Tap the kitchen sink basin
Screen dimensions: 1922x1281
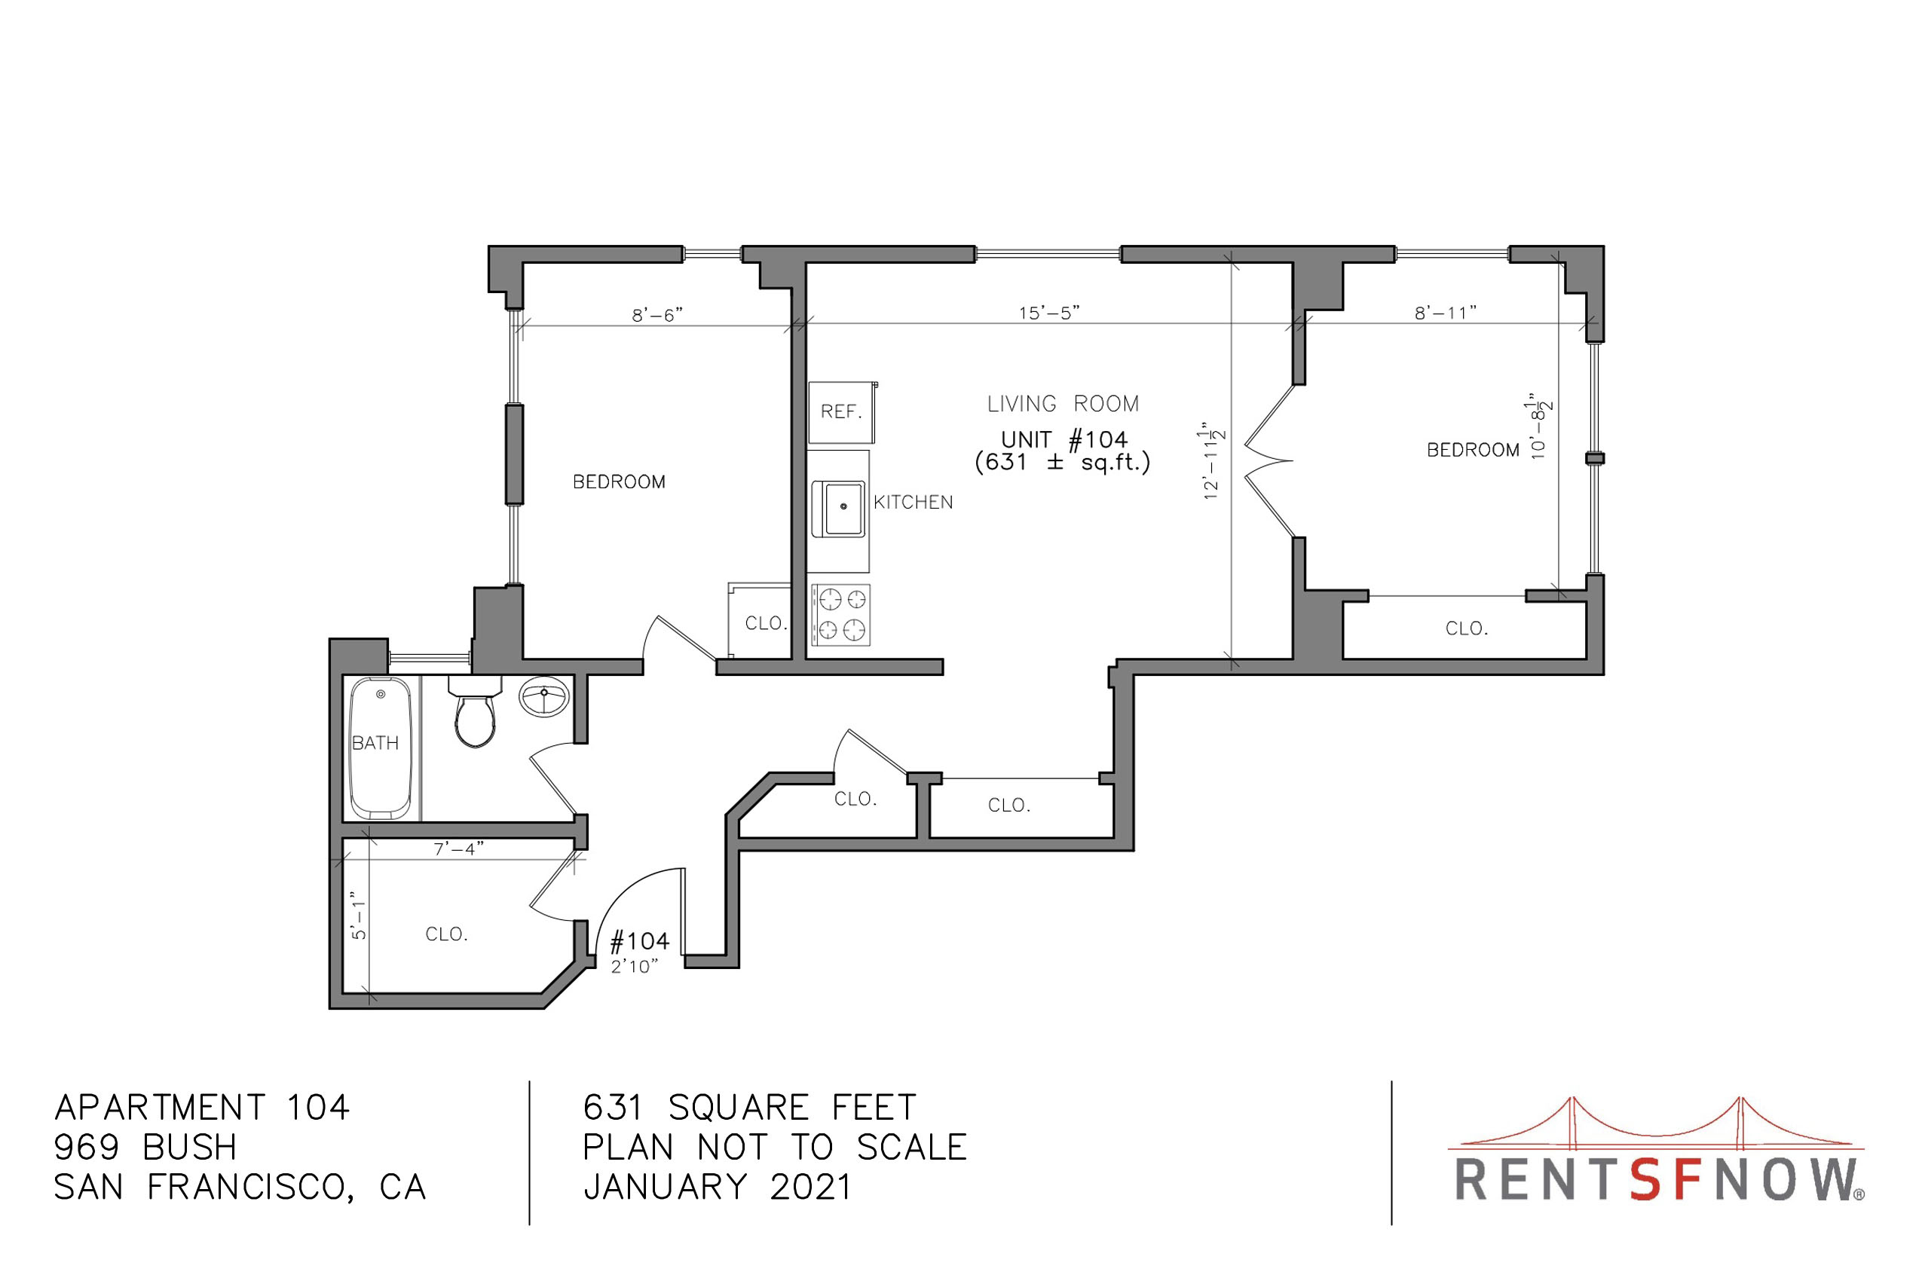(x=838, y=508)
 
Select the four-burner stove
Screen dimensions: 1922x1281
(x=841, y=614)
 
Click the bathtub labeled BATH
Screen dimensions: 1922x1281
(x=381, y=748)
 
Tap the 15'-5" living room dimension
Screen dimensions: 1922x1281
(x=1049, y=313)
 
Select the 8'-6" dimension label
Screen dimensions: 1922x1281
(x=657, y=315)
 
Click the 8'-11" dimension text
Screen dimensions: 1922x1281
(x=1446, y=313)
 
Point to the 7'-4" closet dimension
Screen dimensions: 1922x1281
(x=458, y=848)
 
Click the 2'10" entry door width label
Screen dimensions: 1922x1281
(x=634, y=967)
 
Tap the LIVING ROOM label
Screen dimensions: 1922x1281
(x=1062, y=404)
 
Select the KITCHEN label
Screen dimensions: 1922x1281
(x=913, y=503)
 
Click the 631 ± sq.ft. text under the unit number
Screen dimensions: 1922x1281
(x=1062, y=463)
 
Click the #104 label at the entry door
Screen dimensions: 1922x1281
(x=640, y=942)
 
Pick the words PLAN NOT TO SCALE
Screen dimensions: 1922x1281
(x=775, y=1147)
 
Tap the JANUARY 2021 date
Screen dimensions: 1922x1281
(x=718, y=1187)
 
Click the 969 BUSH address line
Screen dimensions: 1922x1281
(x=145, y=1147)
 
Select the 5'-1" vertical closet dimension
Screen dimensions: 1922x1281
(x=359, y=915)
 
